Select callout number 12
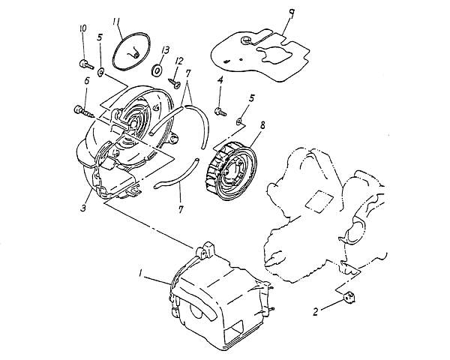179,60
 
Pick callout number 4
220,79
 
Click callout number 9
289,13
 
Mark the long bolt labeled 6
82,112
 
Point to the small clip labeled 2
348,298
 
